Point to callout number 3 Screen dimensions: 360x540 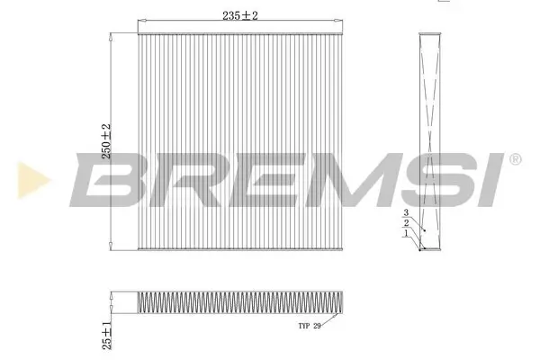pyautogui.click(x=406, y=213)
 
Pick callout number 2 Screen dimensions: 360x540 pyautogui.click(x=406, y=222)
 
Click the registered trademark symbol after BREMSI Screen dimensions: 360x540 pyautogui.click(x=515, y=158)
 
